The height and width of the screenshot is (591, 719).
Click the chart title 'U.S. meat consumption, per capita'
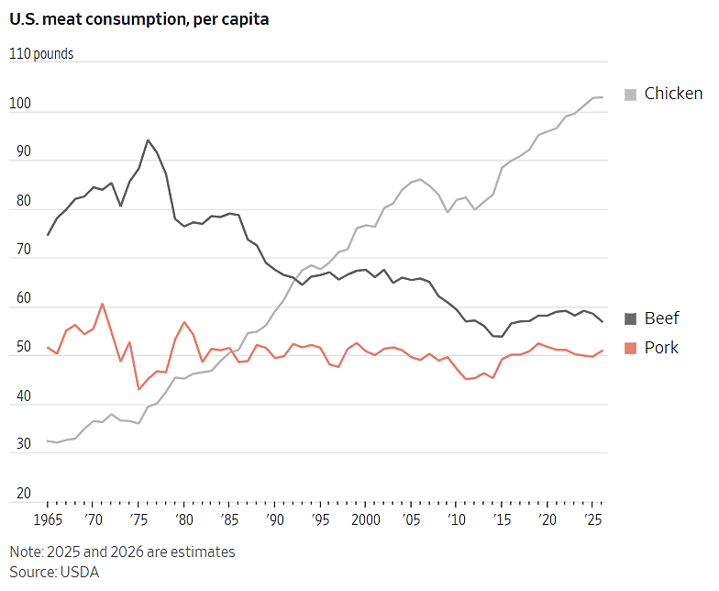[139, 19]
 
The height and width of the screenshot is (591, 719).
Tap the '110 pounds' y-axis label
[41, 53]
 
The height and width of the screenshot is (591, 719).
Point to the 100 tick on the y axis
[20, 103]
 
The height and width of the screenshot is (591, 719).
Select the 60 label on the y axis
[24, 297]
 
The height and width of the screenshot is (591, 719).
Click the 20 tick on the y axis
[24, 493]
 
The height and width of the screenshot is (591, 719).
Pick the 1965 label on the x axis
[48, 519]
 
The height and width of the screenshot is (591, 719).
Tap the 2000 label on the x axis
[365, 519]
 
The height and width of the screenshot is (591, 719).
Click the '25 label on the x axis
[592, 519]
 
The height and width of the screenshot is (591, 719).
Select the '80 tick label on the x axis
[183, 519]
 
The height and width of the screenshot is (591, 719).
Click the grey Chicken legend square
[631, 95]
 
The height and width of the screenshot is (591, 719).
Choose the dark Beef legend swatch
[631, 318]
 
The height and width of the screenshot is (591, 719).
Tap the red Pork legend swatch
[631, 349]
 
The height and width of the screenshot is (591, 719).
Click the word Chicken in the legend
[673, 94]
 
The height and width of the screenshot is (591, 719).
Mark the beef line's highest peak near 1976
[148, 140]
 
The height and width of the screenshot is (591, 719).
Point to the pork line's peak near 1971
[103, 304]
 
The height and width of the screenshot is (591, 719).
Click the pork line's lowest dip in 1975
[138, 389]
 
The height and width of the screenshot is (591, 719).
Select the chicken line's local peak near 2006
[420, 179]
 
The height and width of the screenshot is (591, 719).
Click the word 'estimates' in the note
[203, 552]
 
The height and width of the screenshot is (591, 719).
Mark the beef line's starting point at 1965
[48, 235]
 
